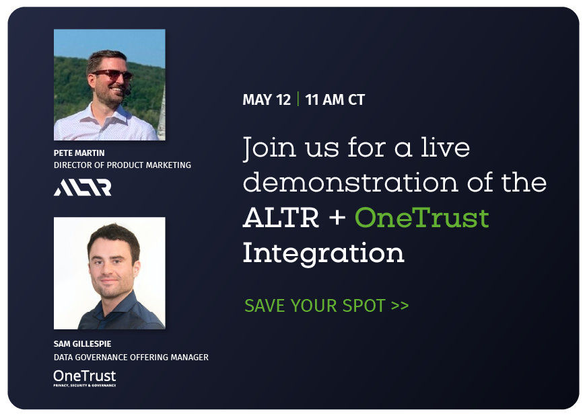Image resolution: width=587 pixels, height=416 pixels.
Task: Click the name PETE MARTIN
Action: click(x=79, y=153)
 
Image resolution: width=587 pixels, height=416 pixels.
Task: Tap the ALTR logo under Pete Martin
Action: click(x=82, y=188)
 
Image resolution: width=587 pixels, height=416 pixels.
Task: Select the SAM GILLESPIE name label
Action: click(x=82, y=344)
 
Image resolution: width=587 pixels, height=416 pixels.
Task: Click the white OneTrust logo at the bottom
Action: click(x=85, y=378)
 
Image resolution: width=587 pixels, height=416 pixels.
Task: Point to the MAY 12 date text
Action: click(x=267, y=99)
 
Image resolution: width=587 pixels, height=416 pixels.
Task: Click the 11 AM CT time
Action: click(x=335, y=99)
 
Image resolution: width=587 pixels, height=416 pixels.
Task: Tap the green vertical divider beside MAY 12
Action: click(x=298, y=99)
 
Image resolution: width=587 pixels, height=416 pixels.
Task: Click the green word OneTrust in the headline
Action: click(x=422, y=218)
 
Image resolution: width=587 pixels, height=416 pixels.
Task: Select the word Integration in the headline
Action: click(x=323, y=254)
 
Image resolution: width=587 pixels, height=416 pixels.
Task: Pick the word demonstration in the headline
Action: click(x=351, y=182)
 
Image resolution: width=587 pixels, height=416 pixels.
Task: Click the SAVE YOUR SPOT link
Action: click(x=326, y=306)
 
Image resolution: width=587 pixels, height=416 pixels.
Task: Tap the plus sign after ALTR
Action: click(x=337, y=218)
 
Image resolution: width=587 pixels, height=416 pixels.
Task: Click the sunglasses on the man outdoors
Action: click(x=112, y=75)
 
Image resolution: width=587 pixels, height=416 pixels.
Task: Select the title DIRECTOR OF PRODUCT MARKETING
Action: click(x=123, y=165)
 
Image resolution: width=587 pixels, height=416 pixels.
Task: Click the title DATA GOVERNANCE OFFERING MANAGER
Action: click(x=131, y=358)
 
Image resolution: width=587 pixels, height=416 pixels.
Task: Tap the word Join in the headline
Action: click(x=269, y=149)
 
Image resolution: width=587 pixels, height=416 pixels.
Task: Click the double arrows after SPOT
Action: click(x=400, y=306)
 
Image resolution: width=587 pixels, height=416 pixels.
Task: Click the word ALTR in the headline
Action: click(x=281, y=218)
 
